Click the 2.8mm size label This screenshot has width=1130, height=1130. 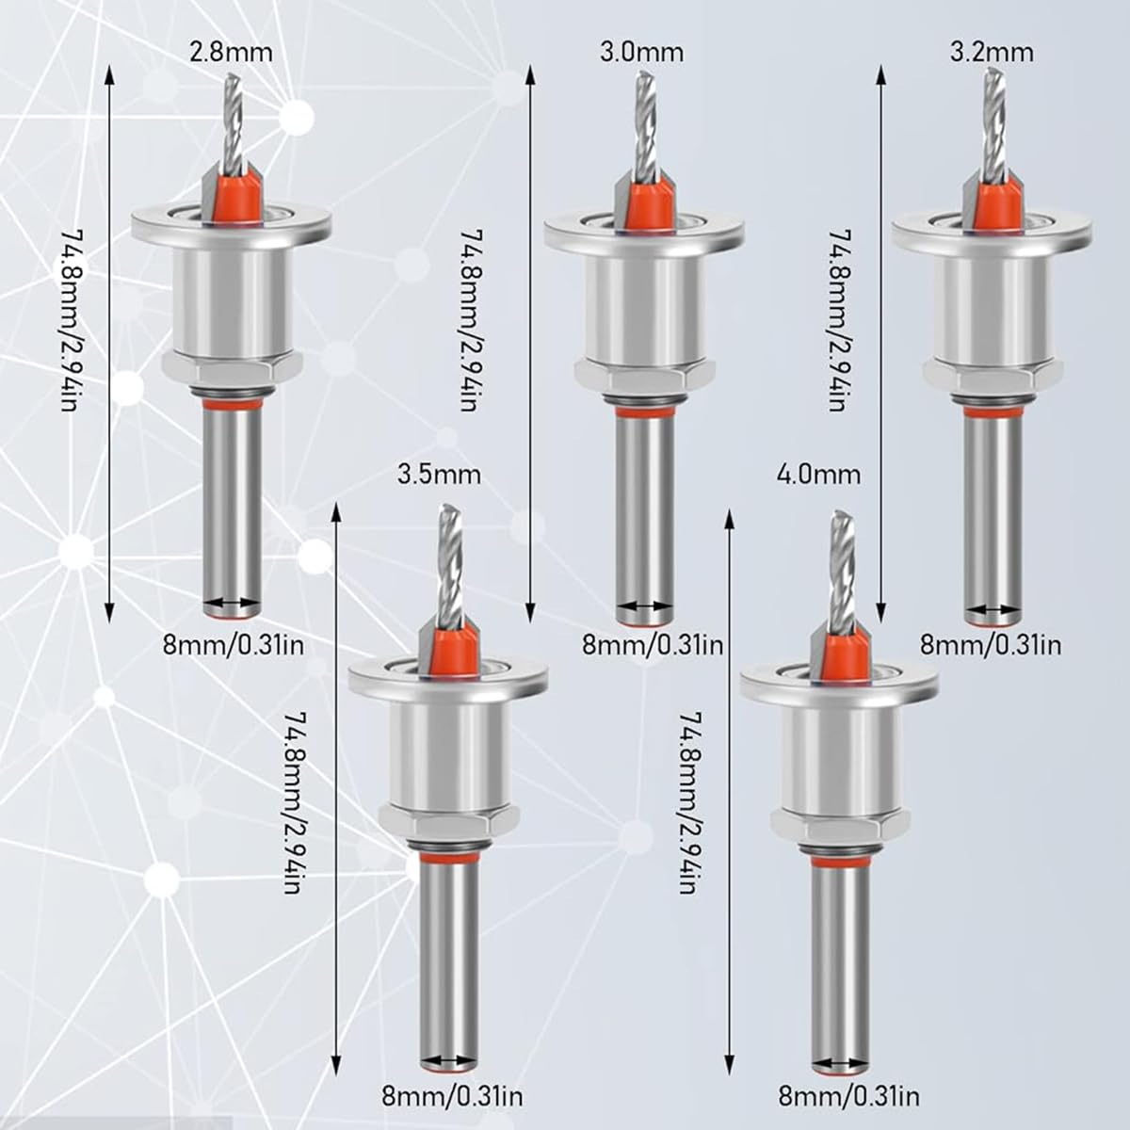click(x=231, y=51)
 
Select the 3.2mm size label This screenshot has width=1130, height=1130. click(x=992, y=51)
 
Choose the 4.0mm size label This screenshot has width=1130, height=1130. click(x=818, y=474)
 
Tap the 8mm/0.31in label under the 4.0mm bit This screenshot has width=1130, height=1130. click(x=848, y=1096)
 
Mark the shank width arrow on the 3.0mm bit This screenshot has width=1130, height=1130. click(x=644, y=607)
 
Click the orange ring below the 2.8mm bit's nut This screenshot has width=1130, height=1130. click(x=232, y=403)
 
